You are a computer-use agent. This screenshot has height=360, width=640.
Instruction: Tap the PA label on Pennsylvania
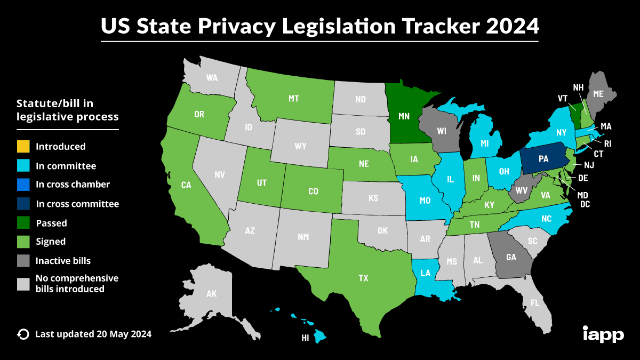(x=543, y=159)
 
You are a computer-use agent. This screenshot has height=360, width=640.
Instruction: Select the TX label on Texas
(x=363, y=278)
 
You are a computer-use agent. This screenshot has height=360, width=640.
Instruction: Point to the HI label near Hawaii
(x=306, y=338)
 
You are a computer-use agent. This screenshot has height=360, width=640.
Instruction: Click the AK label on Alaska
(x=212, y=293)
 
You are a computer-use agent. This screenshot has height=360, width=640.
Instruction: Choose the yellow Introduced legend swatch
(x=23, y=146)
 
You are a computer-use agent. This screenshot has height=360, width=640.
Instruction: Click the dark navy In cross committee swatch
(x=23, y=204)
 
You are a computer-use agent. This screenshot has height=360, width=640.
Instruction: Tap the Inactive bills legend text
(x=63, y=261)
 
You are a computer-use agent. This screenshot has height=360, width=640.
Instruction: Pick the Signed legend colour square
(x=23, y=242)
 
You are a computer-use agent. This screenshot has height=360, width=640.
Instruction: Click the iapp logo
(x=603, y=334)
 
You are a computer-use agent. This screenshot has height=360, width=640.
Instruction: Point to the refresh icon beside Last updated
(x=23, y=334)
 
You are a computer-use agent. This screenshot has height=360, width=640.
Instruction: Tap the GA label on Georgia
(x=511, y=257)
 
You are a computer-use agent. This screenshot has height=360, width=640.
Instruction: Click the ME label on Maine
(x=598, y=94)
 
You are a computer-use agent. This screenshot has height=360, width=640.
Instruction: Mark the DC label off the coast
(x=585, y=203)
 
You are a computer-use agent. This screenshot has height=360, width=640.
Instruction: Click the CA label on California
(x=186, y=185)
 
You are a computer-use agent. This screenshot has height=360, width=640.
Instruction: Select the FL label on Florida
(x=535, y=303)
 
